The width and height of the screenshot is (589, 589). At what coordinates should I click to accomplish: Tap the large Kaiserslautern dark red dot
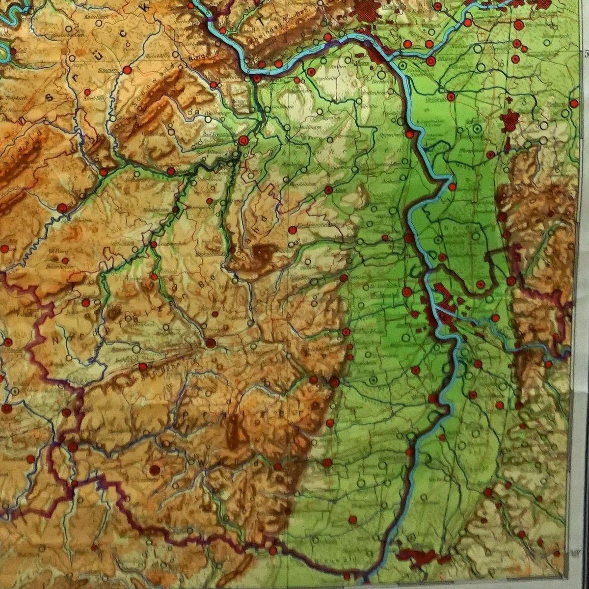[x=211, y=343]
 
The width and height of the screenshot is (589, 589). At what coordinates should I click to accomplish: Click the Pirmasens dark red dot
[x=155, y=470]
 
